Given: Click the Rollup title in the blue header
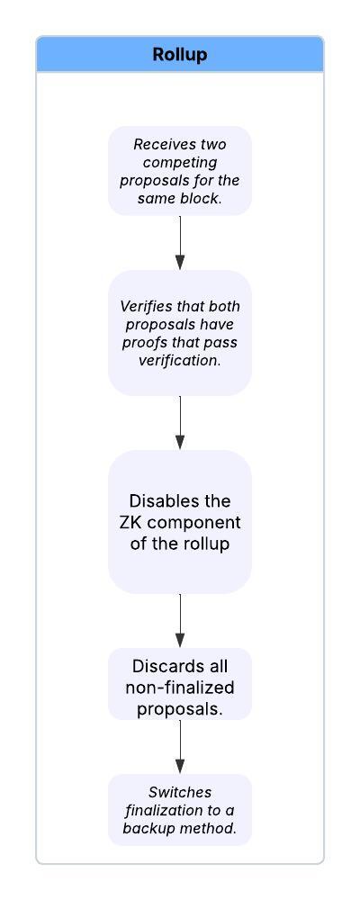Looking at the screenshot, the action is pos(180,55).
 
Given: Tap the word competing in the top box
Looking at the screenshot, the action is pos(180,162).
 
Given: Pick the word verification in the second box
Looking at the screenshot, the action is pos(180,362).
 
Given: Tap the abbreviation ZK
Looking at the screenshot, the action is pos(139,522).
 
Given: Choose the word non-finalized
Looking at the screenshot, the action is pos(180,687).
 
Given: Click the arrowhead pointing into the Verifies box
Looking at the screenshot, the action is pos(180,262).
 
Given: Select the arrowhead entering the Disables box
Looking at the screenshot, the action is pos(180,442).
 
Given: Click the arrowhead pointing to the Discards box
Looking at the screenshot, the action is pos(180,640).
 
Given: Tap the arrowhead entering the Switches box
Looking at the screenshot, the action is pos(180,766).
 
